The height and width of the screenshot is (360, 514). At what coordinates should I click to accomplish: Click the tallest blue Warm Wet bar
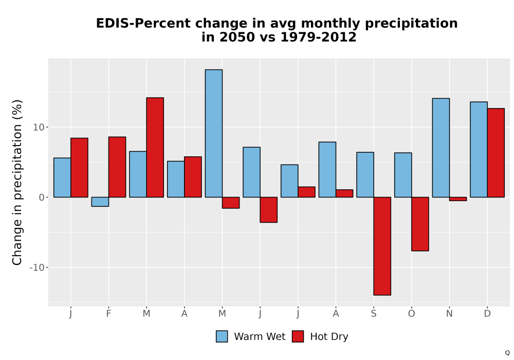[214, 133]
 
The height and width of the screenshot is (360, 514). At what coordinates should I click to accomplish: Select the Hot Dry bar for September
[382, 246]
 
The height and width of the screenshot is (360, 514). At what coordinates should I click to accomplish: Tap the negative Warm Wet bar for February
[100, 202]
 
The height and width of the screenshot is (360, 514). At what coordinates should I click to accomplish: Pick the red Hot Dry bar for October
[420, 224]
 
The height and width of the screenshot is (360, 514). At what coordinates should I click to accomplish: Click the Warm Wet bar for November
[441, 148]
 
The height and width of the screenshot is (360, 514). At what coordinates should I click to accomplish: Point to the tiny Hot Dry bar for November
[458, 199]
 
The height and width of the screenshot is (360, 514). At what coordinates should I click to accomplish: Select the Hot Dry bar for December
[495, 153]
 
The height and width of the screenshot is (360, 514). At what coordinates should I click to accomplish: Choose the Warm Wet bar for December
[479, 150]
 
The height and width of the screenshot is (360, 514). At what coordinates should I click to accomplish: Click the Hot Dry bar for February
[117, 167]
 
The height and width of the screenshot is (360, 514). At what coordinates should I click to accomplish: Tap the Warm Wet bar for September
[365, 175]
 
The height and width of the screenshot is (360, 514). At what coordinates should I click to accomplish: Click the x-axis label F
[108, 314]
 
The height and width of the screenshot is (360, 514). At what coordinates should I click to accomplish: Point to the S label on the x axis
[373, 314]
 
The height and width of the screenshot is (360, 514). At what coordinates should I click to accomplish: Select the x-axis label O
[411, 314]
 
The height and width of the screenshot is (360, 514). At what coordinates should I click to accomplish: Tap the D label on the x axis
[487, 314]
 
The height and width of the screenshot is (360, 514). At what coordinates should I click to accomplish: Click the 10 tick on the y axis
[39, 127]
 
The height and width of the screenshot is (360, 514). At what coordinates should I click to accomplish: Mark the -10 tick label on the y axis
[36, 267]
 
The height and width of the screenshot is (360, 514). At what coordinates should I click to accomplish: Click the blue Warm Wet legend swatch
[222, 336]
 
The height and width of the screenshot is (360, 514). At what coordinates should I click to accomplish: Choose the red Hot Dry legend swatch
[298, 336]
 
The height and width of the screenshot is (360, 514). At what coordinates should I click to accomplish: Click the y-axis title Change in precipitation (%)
[17, 182]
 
